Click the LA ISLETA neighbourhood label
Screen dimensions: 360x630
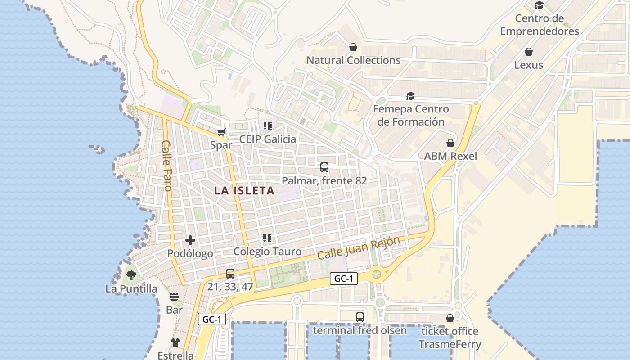(x=244, y=191)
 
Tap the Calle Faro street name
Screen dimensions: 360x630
(x=167, y=166)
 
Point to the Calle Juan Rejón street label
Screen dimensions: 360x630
(x=358, y=247)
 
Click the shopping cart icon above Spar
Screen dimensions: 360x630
(x=221, y=132)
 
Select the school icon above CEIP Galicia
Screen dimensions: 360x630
(x=268, y=126)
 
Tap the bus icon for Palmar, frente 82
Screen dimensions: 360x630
(x=324, y=167)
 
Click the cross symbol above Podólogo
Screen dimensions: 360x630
(x=190, y=240)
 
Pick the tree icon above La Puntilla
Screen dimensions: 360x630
(x=131, y=275)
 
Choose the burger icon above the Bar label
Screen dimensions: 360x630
(x=174, y=297)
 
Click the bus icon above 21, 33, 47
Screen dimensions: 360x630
(x=230, y=273)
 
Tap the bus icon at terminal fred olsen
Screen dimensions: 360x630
(x=360, y=317)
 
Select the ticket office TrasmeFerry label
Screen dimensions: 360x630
(x=450, y=338)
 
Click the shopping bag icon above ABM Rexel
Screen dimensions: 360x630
(x=450, y=143)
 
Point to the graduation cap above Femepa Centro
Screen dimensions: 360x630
(x=410, y=96)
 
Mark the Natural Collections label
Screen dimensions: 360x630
(x=353, y=60)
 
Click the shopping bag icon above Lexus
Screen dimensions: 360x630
(x=529, y=52)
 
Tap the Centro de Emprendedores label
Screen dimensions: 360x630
(x=540, y=25)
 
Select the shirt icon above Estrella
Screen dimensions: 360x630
(x=175, y=342)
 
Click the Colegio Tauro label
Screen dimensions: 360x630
(x=267, y=252)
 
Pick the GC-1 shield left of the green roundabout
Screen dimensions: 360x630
(x=344, y=279)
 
